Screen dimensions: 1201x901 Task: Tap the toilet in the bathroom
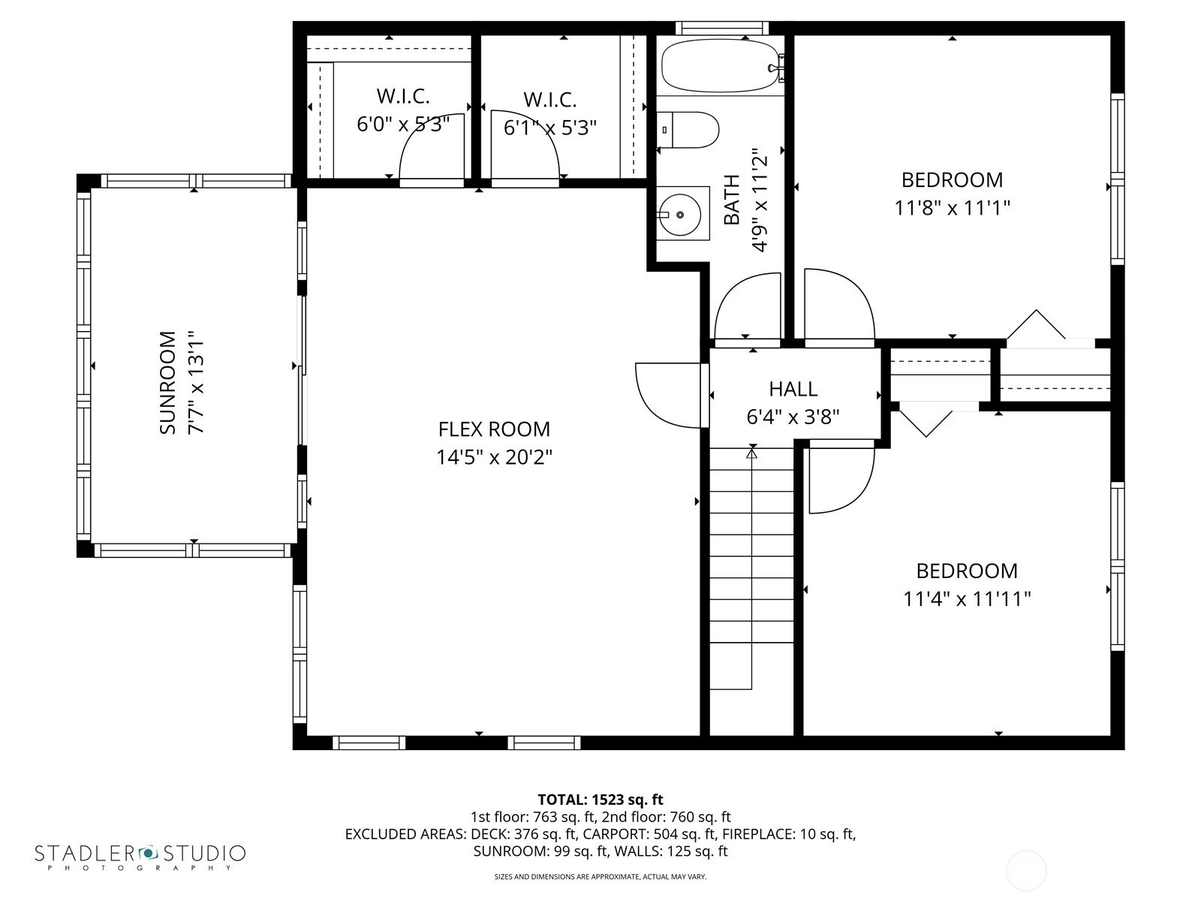pos(688,130)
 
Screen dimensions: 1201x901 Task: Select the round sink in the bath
pos(679,215)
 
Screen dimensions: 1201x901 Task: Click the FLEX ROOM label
pos(494,429)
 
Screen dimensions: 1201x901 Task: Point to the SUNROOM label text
pos(167,382)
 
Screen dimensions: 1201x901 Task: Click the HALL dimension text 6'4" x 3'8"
pos(793,417)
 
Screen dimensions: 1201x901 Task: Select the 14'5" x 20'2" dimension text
pos(494,457)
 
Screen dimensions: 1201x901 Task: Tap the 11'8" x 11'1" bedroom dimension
pos(952,208)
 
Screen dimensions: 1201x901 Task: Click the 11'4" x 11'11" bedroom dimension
pos(967,599)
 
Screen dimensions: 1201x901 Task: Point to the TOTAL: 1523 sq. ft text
pos(600,800)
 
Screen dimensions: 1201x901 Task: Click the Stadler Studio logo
pos(140,857)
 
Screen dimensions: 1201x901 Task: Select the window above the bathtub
pos(721,28)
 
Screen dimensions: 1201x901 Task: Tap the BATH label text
pos(732,200)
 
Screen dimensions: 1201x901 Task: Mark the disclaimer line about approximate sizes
pos(600,877)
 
